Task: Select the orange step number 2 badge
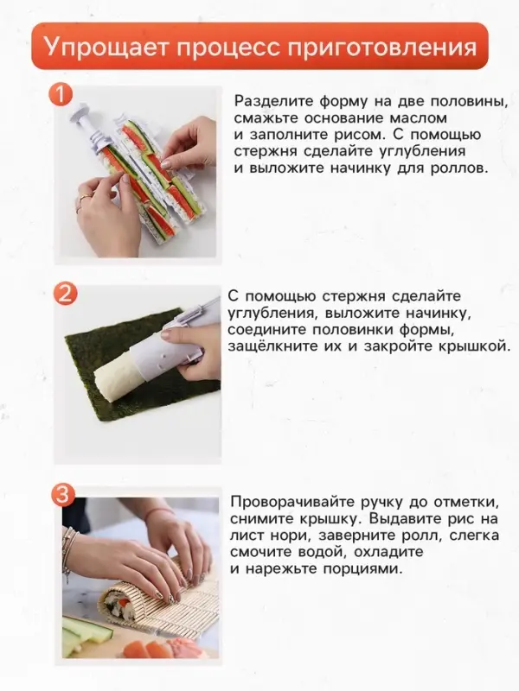point(66,293)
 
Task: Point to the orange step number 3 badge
point(66,495)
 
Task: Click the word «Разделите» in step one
point(275,100)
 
